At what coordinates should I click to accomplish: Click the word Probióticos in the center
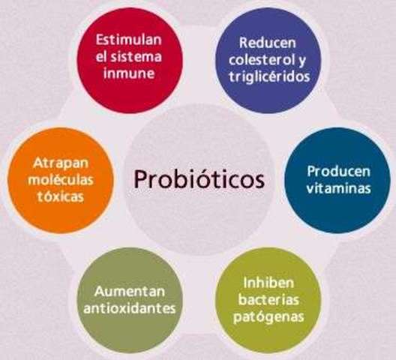198,180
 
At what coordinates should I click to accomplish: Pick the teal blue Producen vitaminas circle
338,180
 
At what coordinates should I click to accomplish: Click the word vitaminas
338,188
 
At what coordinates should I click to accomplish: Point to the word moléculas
55,180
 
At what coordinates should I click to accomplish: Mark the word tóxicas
55,196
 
